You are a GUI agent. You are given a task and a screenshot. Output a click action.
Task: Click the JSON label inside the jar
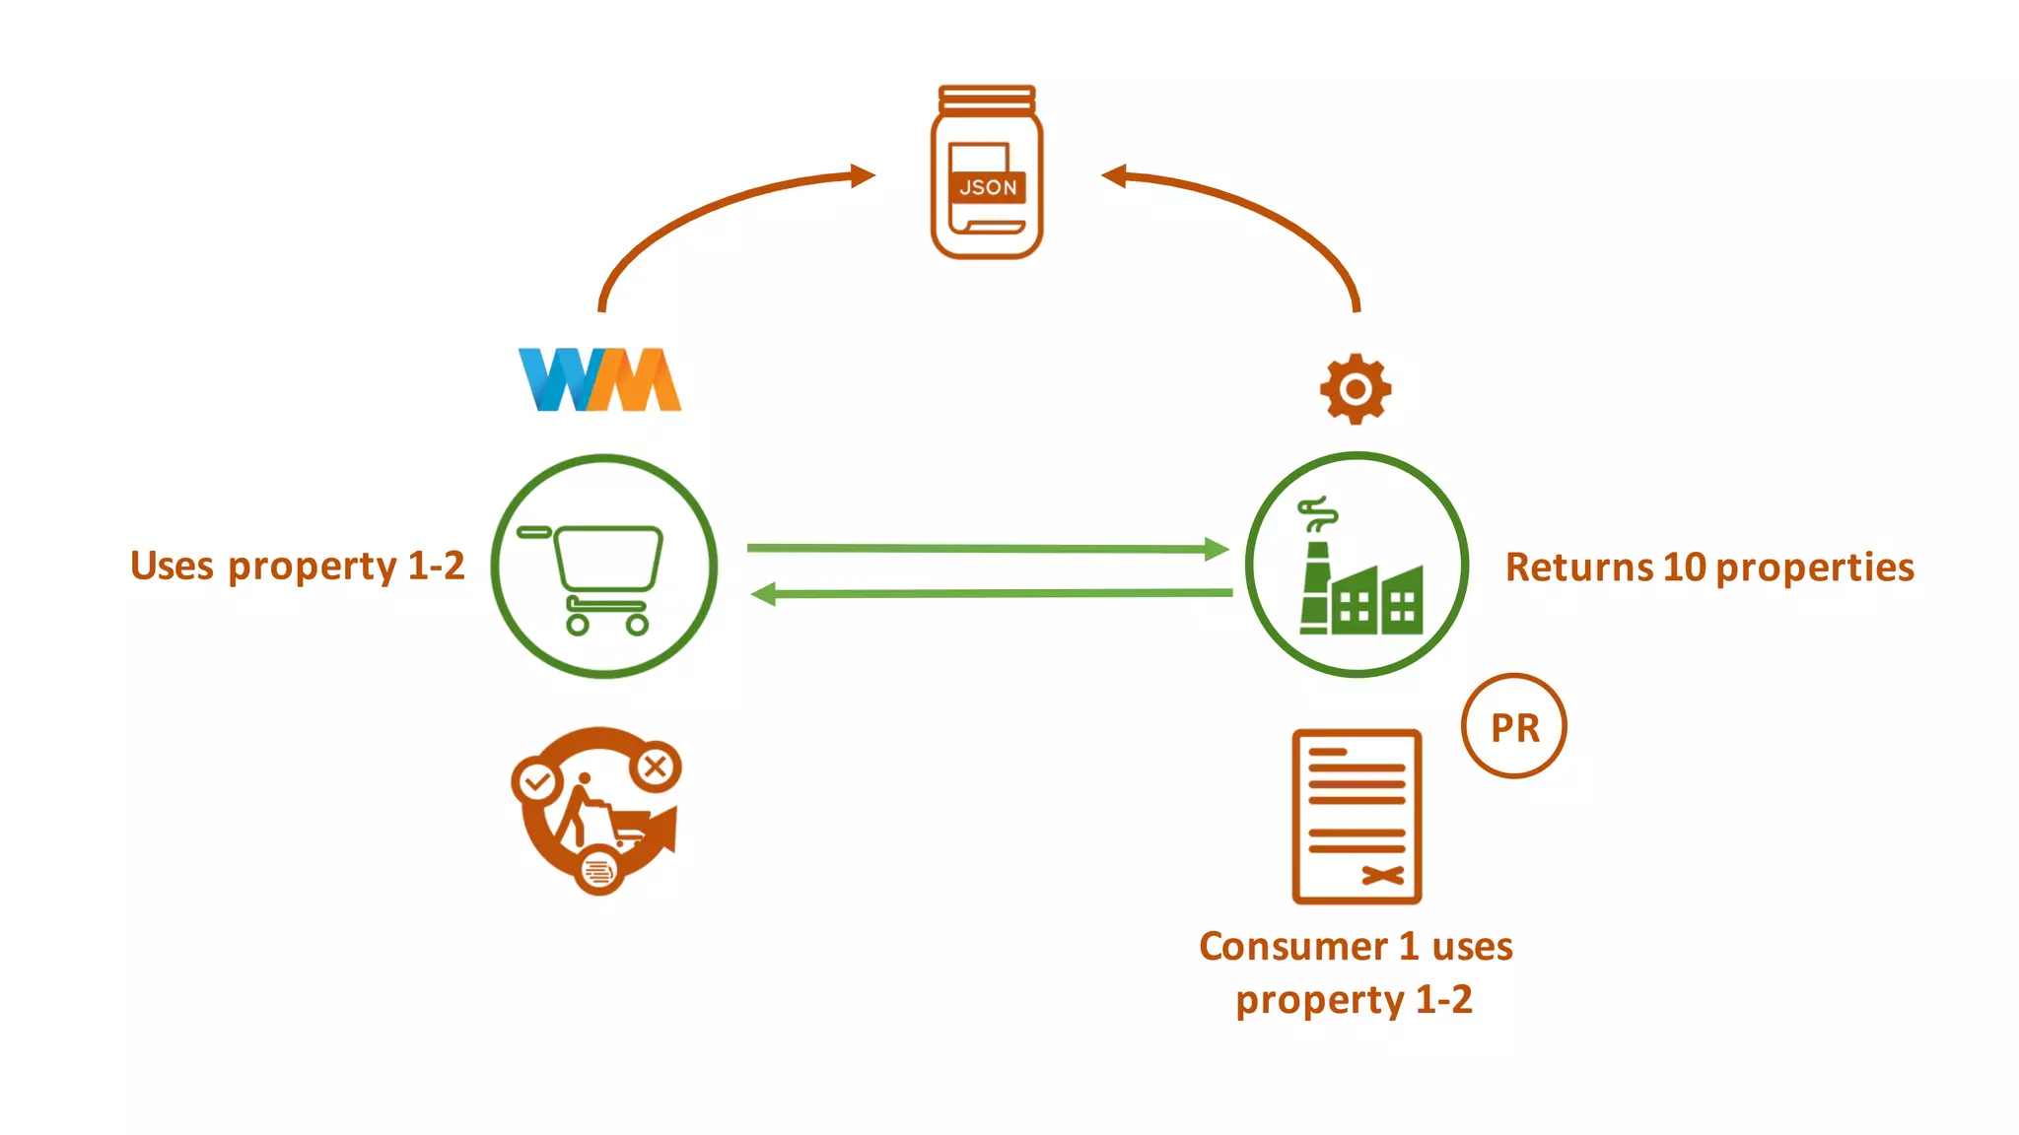coord(988,187)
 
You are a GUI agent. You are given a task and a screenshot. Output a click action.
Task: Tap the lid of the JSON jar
coord(987,99)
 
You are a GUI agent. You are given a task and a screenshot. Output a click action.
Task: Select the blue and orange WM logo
coord(599,379)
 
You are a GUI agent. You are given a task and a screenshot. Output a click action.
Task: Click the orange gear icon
coord(1356,389)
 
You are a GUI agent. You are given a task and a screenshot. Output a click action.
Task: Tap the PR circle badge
coord(1514,727)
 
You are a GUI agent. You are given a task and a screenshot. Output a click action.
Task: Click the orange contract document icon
coord(1357,816)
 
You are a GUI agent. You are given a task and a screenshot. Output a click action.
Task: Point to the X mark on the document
coord(1383,875)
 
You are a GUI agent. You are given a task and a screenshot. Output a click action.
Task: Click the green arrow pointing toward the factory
coord(986,548)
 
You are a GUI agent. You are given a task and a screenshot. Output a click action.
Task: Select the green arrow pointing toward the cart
coord(986,593)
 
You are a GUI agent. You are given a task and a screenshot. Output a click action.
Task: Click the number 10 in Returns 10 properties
coord(1684,567)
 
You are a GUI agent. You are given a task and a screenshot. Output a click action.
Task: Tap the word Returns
coord(1579,567)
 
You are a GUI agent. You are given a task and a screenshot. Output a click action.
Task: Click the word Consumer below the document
coord(1292,946)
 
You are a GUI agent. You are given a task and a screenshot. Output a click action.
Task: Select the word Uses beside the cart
coord(172,567)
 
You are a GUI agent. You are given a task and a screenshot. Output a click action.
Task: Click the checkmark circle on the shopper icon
coord(537,783)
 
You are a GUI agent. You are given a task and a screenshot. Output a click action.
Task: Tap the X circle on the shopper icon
coord(656,767)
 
